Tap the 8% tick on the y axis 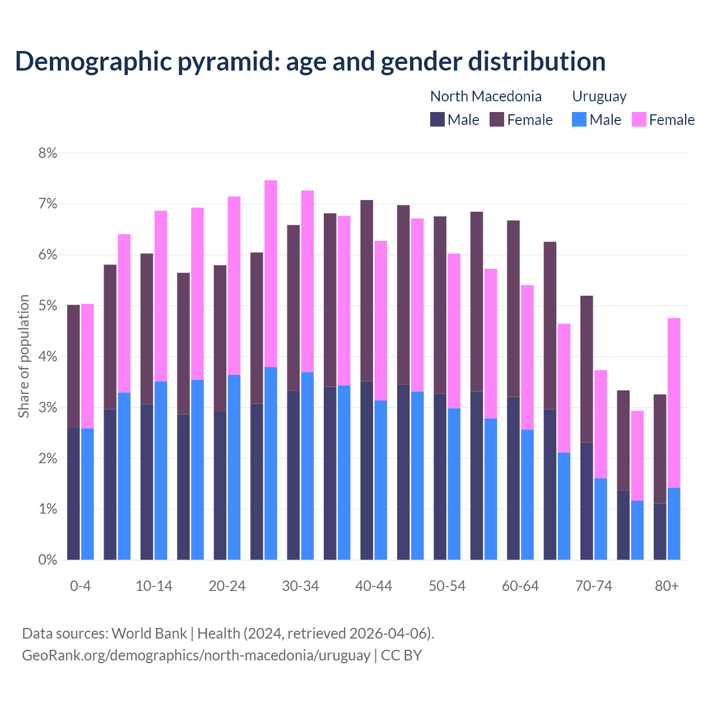point(48,153)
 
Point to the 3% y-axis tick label point(48,408)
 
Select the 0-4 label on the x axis point(80,586)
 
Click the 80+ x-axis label point(667,586)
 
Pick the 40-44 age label point(374,586)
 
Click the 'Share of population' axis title point(24,356)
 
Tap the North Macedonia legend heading point(486,96)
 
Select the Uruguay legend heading point(599,96)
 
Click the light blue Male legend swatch point(579,119)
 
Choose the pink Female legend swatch point(639,119)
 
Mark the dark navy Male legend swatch point(437,119)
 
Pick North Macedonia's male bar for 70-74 point(586,501)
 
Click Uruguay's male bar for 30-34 point(308,465)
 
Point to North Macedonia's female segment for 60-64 point(513,309)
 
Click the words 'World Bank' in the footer point(149,634)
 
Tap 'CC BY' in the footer point(401,655)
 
